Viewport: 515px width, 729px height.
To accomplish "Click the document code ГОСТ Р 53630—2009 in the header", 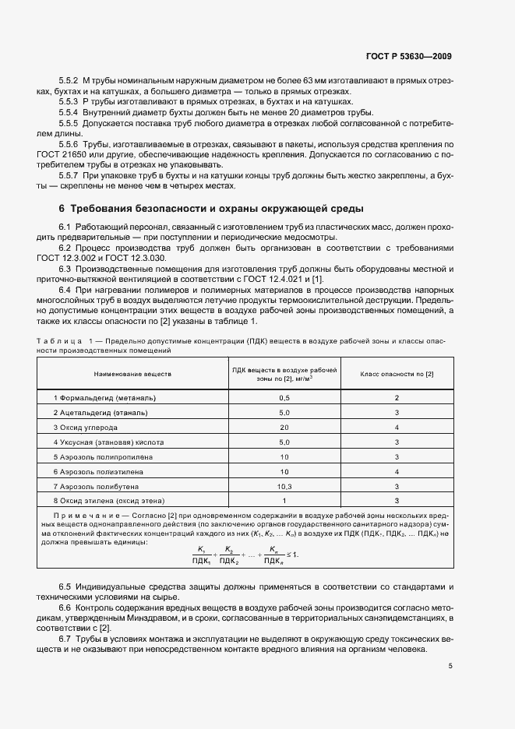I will point(408,56).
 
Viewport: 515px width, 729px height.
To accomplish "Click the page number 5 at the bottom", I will point(450,666).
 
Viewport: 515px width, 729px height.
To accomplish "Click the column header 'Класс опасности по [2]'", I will point(397,374).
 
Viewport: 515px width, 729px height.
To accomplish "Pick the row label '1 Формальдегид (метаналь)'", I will point(101,397).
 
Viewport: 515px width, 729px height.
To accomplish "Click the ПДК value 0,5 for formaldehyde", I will point(284,397).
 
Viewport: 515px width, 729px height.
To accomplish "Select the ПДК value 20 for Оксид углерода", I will point(284,427).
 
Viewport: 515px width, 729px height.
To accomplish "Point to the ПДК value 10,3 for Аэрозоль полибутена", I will point(284,485).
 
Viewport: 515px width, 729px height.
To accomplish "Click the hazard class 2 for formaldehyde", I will point(397,397).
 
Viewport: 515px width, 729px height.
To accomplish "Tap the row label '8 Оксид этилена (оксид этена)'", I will point(109,500).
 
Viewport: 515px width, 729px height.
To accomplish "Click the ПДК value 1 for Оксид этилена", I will point(284,500).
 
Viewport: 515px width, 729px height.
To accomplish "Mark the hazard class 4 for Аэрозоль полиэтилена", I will point(397,471).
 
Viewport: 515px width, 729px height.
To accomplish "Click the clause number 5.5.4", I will point(69,112).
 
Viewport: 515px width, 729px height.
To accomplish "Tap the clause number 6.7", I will point(65,638).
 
